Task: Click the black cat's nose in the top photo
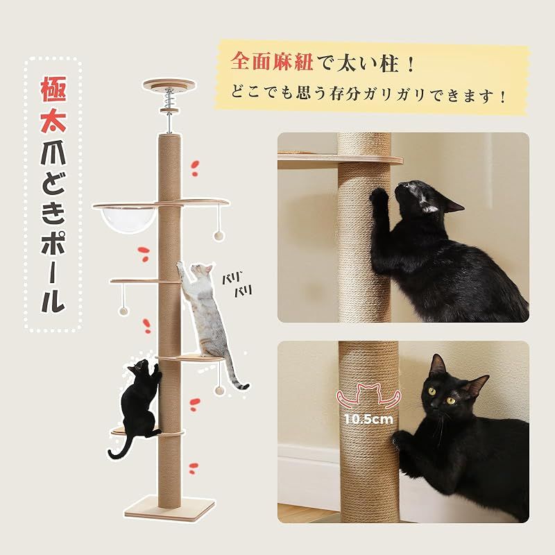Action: pos(401,186)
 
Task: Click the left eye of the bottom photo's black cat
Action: pos(432,391)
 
